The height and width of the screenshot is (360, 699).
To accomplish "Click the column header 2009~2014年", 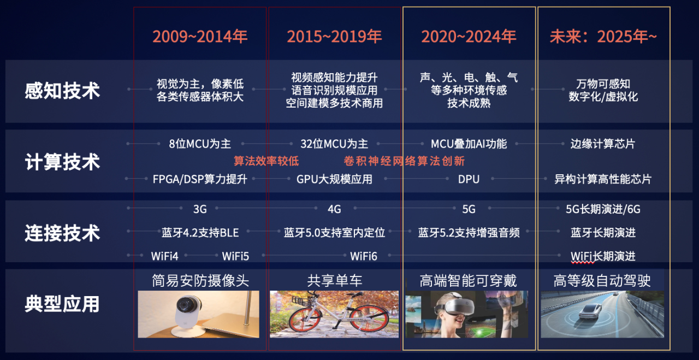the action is coord(200,37).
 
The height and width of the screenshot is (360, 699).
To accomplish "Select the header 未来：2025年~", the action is coord(603,37).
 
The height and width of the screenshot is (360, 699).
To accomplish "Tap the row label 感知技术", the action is coord(62,91).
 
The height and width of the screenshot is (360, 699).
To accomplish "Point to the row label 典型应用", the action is coord(62,304).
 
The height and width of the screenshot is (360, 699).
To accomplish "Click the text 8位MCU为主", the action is coord(200,144).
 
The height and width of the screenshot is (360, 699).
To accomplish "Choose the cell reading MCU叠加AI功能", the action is coord(469,144).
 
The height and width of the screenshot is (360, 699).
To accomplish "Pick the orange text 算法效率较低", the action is coord(266,161).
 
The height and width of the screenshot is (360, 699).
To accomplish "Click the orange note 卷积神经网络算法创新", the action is coord(404,161).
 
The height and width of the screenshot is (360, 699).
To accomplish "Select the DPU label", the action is coord(469,179).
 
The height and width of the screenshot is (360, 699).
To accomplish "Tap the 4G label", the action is coord(334,209).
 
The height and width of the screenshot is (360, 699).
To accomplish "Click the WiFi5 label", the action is coord(235,256).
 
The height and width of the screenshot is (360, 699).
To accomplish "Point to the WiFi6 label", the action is coord(364,256).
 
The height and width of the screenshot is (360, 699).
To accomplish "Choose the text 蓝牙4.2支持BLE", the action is coord(200,233).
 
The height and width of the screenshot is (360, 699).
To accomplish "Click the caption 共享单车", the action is coord(334,281).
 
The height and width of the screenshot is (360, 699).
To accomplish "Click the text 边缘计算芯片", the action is coord(603,144).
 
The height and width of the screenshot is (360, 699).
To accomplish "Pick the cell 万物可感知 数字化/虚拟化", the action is coord(603,90).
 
